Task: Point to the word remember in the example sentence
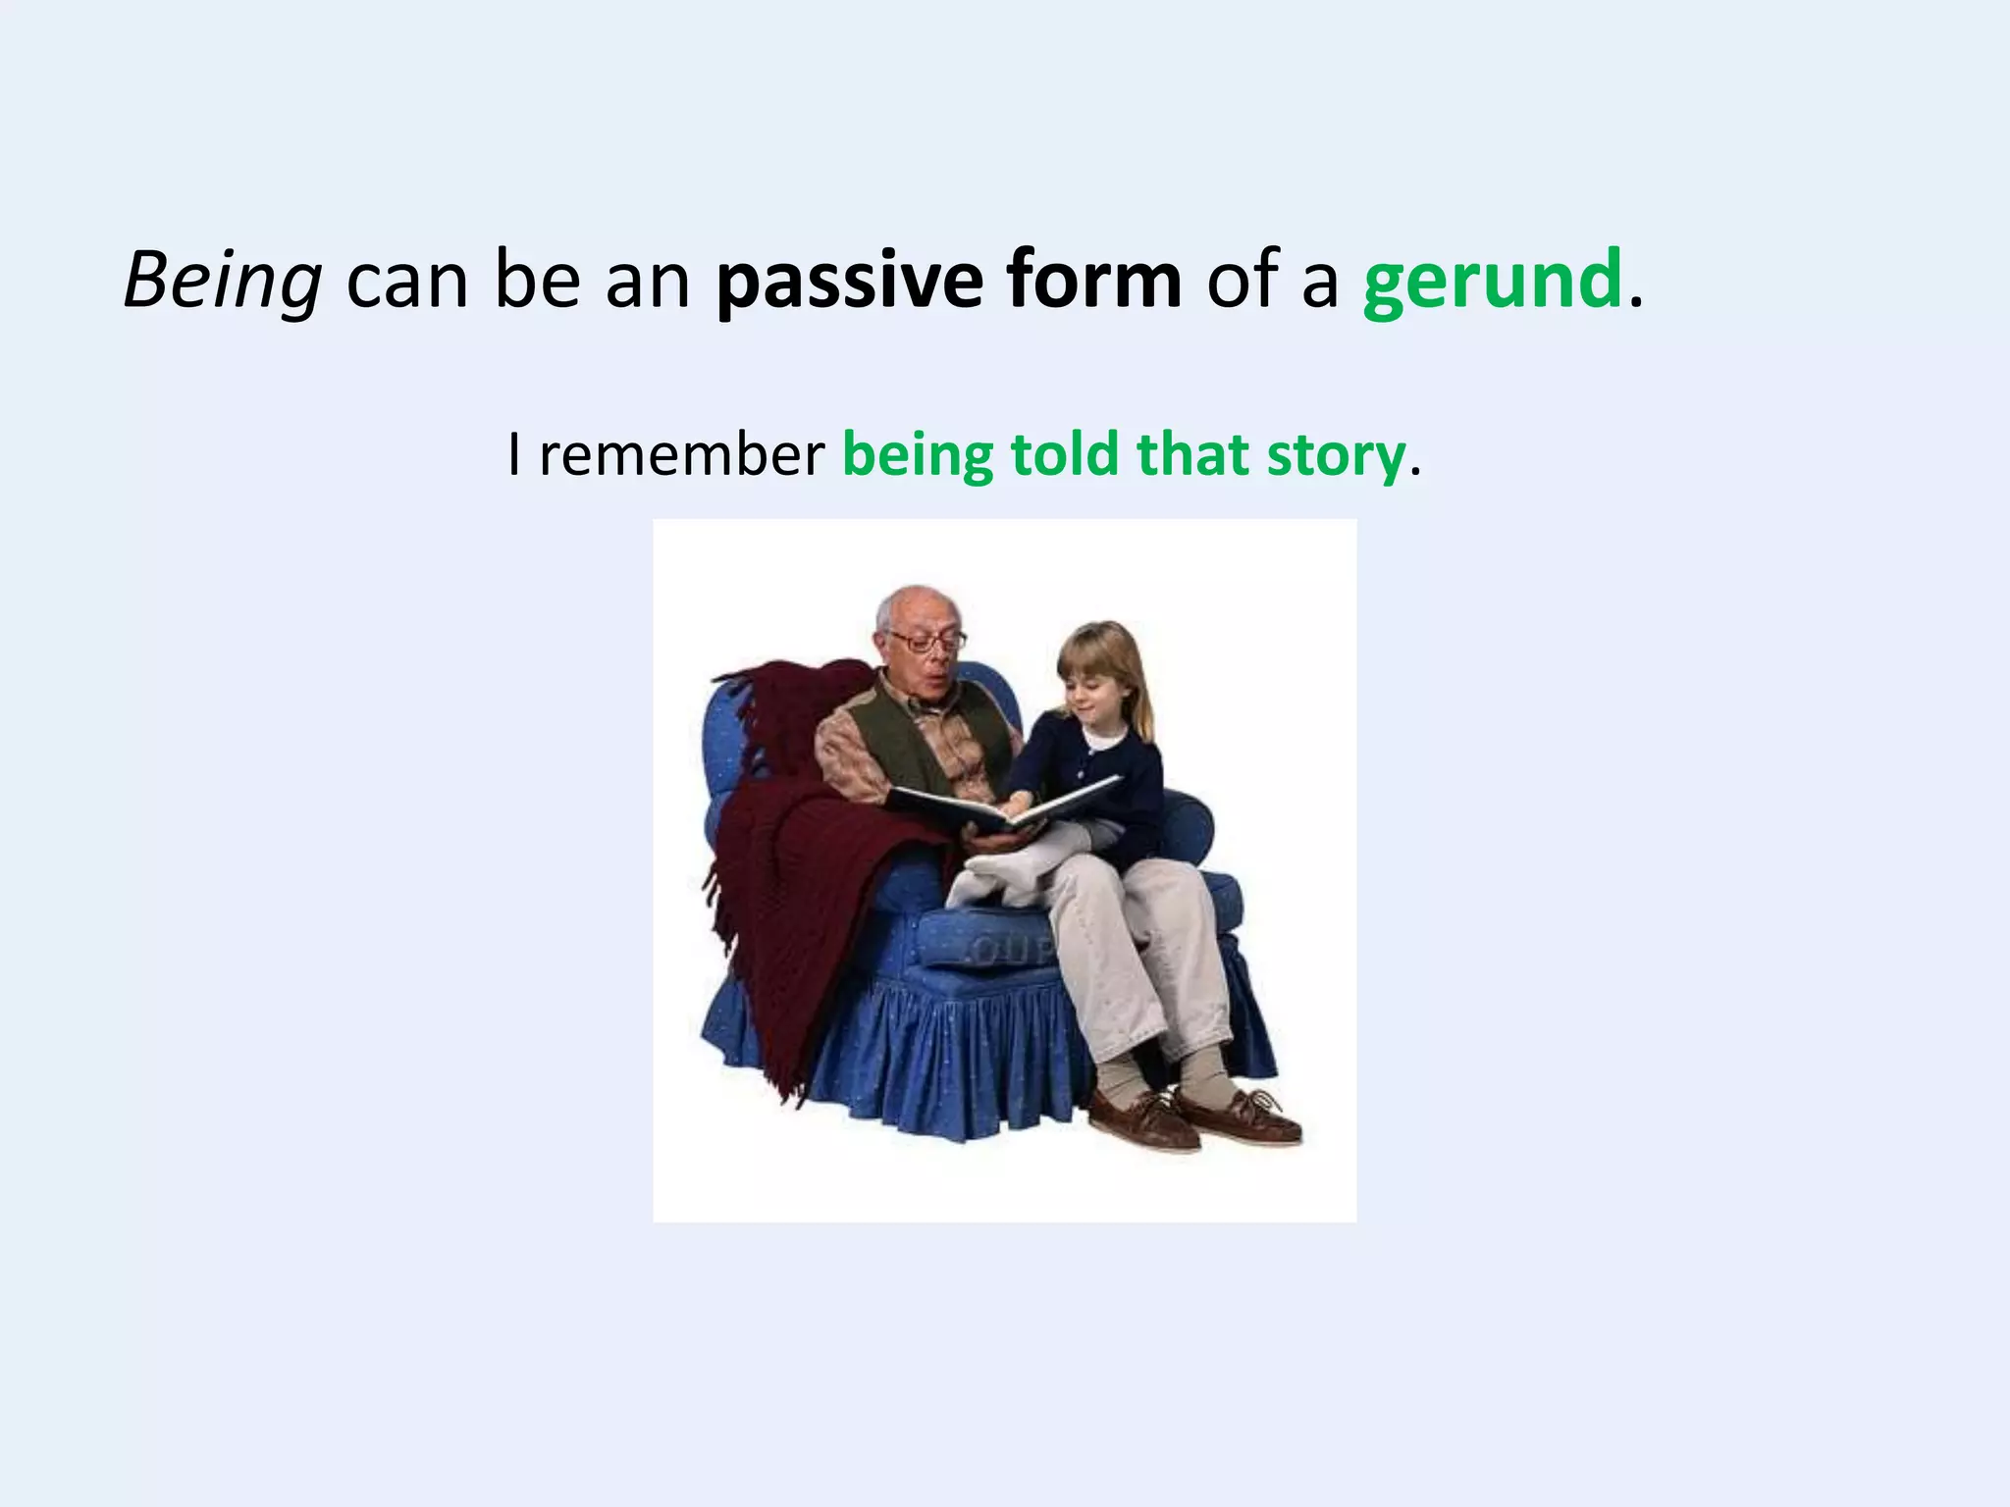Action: [682, 455]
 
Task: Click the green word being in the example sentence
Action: [918, 457]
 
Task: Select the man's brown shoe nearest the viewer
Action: [1143, 1118]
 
